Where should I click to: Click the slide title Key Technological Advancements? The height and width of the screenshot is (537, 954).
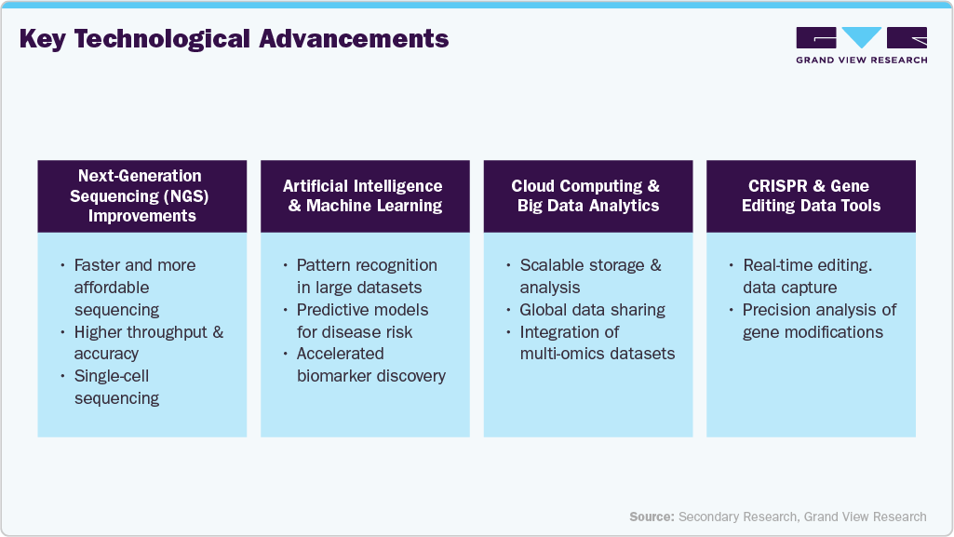[x=234, y=39]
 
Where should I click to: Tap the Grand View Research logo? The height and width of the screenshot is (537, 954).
[x=861, y=45]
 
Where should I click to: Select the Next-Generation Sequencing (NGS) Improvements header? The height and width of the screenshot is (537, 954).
[x=141, y=195]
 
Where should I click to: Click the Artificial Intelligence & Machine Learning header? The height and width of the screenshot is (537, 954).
[x=364, y=195]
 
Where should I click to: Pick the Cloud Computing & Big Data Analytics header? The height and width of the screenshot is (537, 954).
[x=587, y=195]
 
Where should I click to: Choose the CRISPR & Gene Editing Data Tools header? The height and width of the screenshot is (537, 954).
[x=811, y=195]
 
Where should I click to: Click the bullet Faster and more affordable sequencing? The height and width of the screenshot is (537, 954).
[x=135, y=287]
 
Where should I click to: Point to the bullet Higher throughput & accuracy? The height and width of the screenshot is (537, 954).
[x=148, y=342]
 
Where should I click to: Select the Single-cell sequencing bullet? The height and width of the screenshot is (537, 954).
[x=116, y=387]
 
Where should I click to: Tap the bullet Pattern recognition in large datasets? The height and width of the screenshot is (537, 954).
[x=366, y=276]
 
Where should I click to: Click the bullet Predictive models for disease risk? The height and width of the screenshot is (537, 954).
[x=363, y=320]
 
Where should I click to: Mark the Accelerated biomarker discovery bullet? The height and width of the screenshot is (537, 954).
[x=370, y=365]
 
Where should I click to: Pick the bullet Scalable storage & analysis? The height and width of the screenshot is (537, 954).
[x=590, y=276]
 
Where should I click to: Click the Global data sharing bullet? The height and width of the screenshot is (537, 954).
[x=593, y=310]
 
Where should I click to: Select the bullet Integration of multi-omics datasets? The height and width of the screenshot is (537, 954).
[x=597, y=342]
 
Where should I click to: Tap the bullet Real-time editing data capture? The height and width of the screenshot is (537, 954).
[x=800, y=276]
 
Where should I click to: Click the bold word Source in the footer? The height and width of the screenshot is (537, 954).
[x=652, y=517]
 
